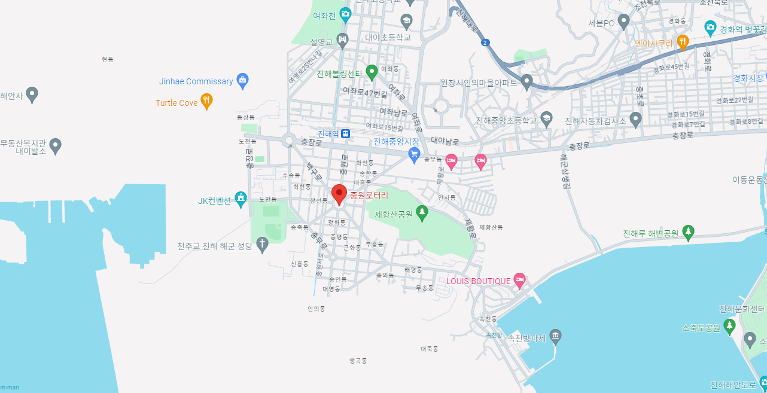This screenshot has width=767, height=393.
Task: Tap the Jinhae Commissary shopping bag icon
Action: [242, 80]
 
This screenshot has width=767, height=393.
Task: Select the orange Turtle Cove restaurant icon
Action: [206, 101]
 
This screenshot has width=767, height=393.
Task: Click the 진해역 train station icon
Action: [346, 133]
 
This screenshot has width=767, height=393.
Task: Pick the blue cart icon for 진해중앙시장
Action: [413, 154]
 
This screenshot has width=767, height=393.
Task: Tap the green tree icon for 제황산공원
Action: [422, 213]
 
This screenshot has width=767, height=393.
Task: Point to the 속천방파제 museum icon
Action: [555, 337]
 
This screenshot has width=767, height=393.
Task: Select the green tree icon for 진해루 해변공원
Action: [688, 232]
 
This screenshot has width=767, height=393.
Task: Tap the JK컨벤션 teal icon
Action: [241, 199]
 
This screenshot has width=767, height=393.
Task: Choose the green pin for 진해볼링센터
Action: [371, 72]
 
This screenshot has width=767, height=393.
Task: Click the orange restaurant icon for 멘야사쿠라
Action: [682, 42]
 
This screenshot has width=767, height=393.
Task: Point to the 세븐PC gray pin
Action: [623, 22]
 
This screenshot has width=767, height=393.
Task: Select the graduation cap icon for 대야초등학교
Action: [407, 22]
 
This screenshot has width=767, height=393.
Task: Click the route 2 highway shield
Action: [485, 42]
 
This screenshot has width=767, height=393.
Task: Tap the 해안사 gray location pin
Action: [32, 94]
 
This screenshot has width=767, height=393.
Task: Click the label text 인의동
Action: [316, 309]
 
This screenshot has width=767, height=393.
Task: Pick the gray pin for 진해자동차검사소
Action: [635, 119]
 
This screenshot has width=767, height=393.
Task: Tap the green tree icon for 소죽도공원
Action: [729, 326]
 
